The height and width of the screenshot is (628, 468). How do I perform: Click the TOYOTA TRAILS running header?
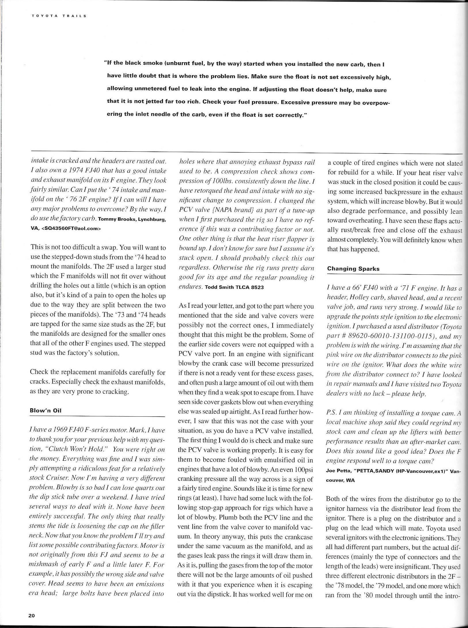59,16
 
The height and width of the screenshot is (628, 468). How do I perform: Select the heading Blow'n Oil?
46,411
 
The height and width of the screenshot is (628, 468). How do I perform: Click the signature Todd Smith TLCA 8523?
234,287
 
